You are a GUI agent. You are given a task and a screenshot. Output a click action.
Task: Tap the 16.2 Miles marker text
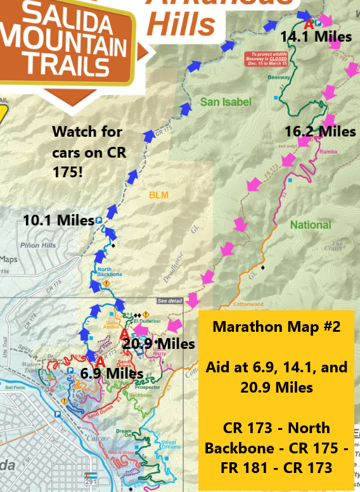[x=320, y=132]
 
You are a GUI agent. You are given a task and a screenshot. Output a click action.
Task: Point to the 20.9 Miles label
[x=158, y=344]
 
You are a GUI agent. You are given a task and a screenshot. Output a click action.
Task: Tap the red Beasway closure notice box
[x=267, y=60]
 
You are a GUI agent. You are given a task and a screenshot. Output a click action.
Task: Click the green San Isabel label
[x=226, y=102]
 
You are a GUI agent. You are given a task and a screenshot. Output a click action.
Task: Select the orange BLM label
[x=158, y=195]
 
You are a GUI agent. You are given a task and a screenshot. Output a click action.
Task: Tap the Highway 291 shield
[x=91, y=477]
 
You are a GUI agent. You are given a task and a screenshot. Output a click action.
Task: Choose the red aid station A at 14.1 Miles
[x=309, y=25]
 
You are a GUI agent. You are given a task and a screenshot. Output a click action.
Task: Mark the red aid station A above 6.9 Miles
[x=100, y=362]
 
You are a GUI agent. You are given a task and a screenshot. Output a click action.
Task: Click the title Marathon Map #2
[x=276, y=327]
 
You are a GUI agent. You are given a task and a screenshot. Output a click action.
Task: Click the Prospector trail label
[x=147, y=387]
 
